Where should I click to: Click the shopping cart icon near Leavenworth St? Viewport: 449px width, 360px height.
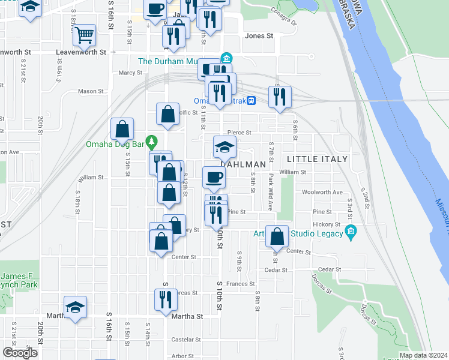(x=85, y=35)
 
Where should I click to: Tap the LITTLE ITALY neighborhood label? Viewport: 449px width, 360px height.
(x=317, y=159)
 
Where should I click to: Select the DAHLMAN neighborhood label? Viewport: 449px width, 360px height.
(x=243, y=164)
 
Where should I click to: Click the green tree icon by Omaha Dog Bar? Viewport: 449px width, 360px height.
(x=152, y=142)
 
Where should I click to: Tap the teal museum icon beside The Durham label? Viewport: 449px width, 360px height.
(x=226, y=58)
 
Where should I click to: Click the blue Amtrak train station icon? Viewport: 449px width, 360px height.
(x=254, y=101)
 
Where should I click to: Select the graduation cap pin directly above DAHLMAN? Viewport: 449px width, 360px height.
(x=224, y=147)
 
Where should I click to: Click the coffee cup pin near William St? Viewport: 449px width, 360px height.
(x=214, y=177)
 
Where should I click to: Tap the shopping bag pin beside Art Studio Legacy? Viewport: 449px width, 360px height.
(x=277, y=236)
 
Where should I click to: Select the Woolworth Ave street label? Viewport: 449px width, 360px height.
(x=322, y=193)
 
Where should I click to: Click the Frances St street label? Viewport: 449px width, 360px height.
(x=241, y=284)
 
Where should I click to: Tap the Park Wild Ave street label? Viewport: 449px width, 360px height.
(x=271, y=193)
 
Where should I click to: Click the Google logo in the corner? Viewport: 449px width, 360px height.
(x=20, y=353)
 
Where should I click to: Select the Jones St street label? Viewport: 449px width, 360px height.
(x=259, y=36)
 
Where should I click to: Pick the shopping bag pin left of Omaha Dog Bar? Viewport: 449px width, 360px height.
(x=122, y=130)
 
